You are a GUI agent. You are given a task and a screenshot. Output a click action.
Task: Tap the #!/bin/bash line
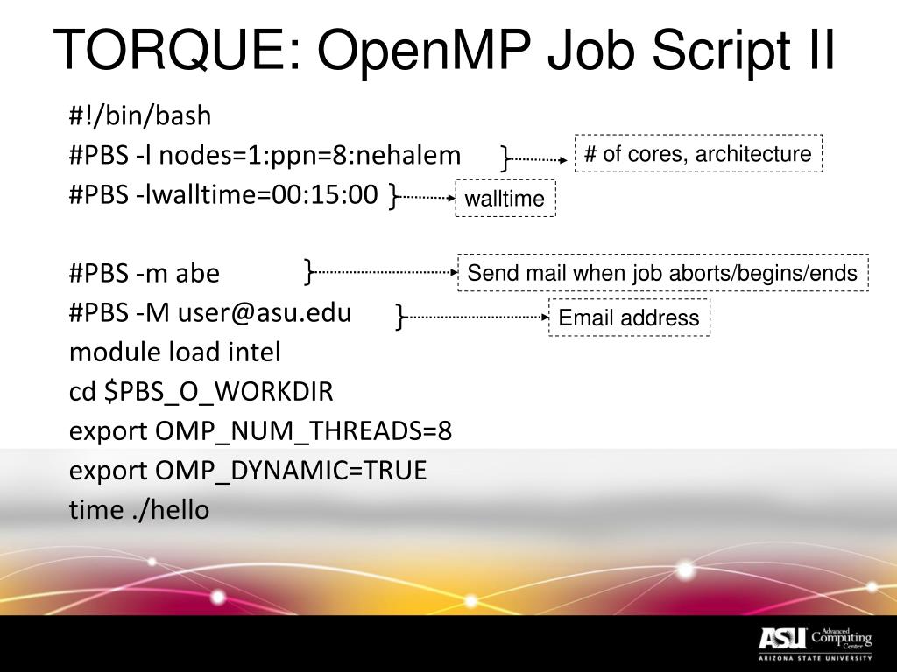140,115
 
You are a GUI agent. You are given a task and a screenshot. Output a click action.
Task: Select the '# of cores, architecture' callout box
698,154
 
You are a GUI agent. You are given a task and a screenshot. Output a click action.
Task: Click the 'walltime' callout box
505,199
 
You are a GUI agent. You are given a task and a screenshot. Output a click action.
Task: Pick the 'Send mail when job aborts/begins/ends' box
662,273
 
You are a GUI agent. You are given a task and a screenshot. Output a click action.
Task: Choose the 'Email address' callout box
629,318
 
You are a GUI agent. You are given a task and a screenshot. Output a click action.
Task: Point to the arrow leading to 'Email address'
477,317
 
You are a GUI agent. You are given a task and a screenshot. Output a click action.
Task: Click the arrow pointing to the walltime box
428,198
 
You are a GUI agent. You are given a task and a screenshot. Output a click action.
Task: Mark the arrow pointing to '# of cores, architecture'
540,159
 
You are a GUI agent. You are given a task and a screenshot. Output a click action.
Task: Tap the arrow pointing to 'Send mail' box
386,272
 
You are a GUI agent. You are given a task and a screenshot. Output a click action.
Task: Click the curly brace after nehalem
505,157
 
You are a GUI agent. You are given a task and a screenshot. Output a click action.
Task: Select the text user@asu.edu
265,313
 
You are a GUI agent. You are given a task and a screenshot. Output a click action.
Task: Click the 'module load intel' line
175,353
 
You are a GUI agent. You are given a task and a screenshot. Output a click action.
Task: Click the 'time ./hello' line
139,510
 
